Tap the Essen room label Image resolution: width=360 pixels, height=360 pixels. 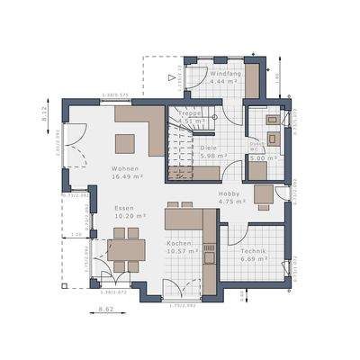coord(123,208)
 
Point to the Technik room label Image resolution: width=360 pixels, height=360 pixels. coord(255,249)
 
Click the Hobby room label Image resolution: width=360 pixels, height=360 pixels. coord(231,193)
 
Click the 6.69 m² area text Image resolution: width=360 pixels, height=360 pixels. coord(255,258)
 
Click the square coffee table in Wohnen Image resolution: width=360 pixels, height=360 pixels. coord(124,142)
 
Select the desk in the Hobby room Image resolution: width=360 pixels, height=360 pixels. coord(263,193)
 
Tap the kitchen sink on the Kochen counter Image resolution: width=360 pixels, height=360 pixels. coord(208,258)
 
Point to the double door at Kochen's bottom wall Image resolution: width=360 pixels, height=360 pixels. coord(183,286)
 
